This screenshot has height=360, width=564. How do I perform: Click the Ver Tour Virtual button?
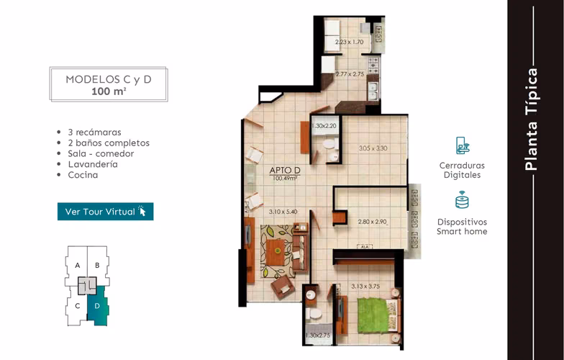tap(105, 212)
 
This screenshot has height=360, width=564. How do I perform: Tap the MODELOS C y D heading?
tap(108, 79)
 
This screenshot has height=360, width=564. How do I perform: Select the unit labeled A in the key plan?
tap(78, 265)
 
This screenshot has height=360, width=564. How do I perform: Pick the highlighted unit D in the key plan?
tap(97, 306)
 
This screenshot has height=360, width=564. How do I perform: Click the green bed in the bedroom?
tap(373, 315)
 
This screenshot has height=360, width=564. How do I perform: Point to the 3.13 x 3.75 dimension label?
tap(365, 287)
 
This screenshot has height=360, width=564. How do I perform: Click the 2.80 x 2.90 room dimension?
tap(373, 222)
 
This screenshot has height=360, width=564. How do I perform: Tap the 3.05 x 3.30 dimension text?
tap(373, 148)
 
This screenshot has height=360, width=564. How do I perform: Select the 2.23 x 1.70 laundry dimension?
tap(350, 42)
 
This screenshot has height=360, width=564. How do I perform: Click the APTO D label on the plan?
tap(285, 170)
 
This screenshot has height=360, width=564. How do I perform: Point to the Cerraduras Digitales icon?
tap(462, 145)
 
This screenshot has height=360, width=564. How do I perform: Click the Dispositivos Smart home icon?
tap(462, 200)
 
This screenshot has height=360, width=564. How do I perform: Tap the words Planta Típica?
tap(531, 120)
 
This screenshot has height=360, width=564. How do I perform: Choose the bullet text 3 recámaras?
tap(95, 132)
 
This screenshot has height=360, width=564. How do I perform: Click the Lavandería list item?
tap(93, 164)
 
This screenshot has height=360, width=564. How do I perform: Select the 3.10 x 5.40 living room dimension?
tap(283, 212)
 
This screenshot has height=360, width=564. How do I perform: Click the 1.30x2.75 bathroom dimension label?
tap(318, 336)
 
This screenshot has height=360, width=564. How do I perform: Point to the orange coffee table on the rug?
tap(276, 252)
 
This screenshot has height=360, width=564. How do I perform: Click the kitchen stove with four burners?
tap(373, 63)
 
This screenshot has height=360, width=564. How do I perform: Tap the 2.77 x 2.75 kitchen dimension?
tap(350, 74)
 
